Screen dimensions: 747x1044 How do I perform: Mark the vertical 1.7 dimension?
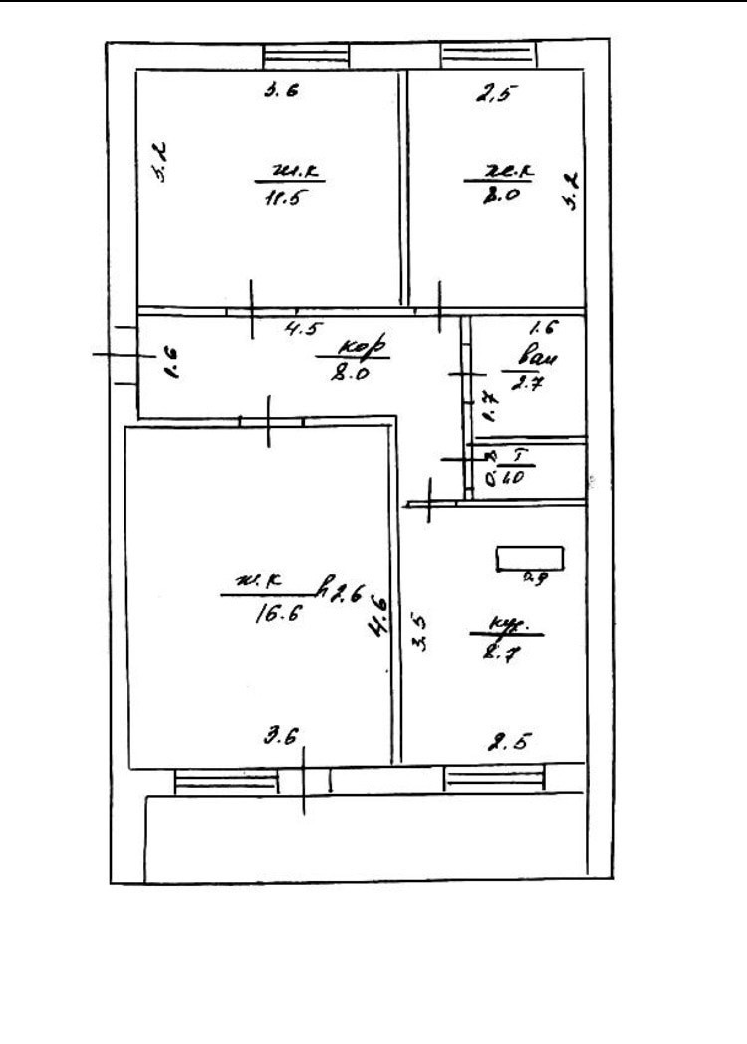[x=489, y=404]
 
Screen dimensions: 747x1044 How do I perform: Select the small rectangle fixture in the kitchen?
[x=530, y=559]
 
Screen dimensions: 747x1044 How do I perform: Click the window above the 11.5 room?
[x=306, y=56]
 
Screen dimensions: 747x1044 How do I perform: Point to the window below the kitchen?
[x=494, y=777]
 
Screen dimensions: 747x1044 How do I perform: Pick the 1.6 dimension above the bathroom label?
[x=542, y=326]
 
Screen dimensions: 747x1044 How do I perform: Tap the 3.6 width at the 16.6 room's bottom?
[x=283, y=738]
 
